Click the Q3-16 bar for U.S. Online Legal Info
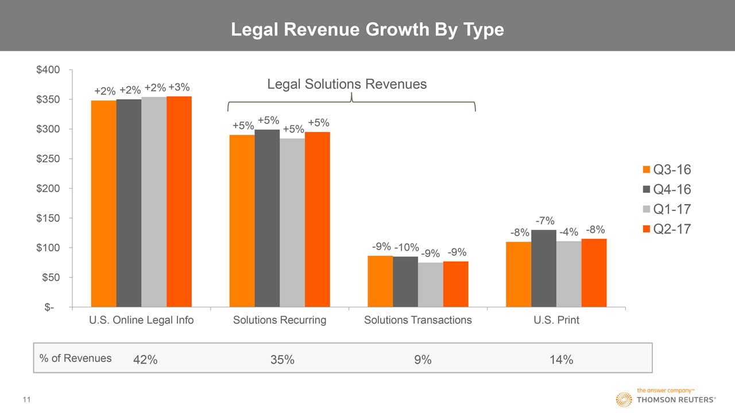tap(103, 204)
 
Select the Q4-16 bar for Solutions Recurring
tap(267, 218)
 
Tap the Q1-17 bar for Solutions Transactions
tap(430, 285)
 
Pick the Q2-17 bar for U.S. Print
tap(594, 272)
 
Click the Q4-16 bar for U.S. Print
tap(543, 268)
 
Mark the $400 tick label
tap(48, 70)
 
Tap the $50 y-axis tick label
tap(52, 278)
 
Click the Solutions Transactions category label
tap(418, 320)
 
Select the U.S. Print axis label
tap(556, 320)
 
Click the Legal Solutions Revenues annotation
tap(347, 84)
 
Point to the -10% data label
tap(406, 248)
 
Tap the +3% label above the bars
tap(179, 87)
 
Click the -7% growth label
tap(545, 220)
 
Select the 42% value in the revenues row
tap(145, 360)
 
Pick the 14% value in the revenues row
tap(560, 360)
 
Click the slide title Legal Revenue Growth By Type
tap(367, 30)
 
